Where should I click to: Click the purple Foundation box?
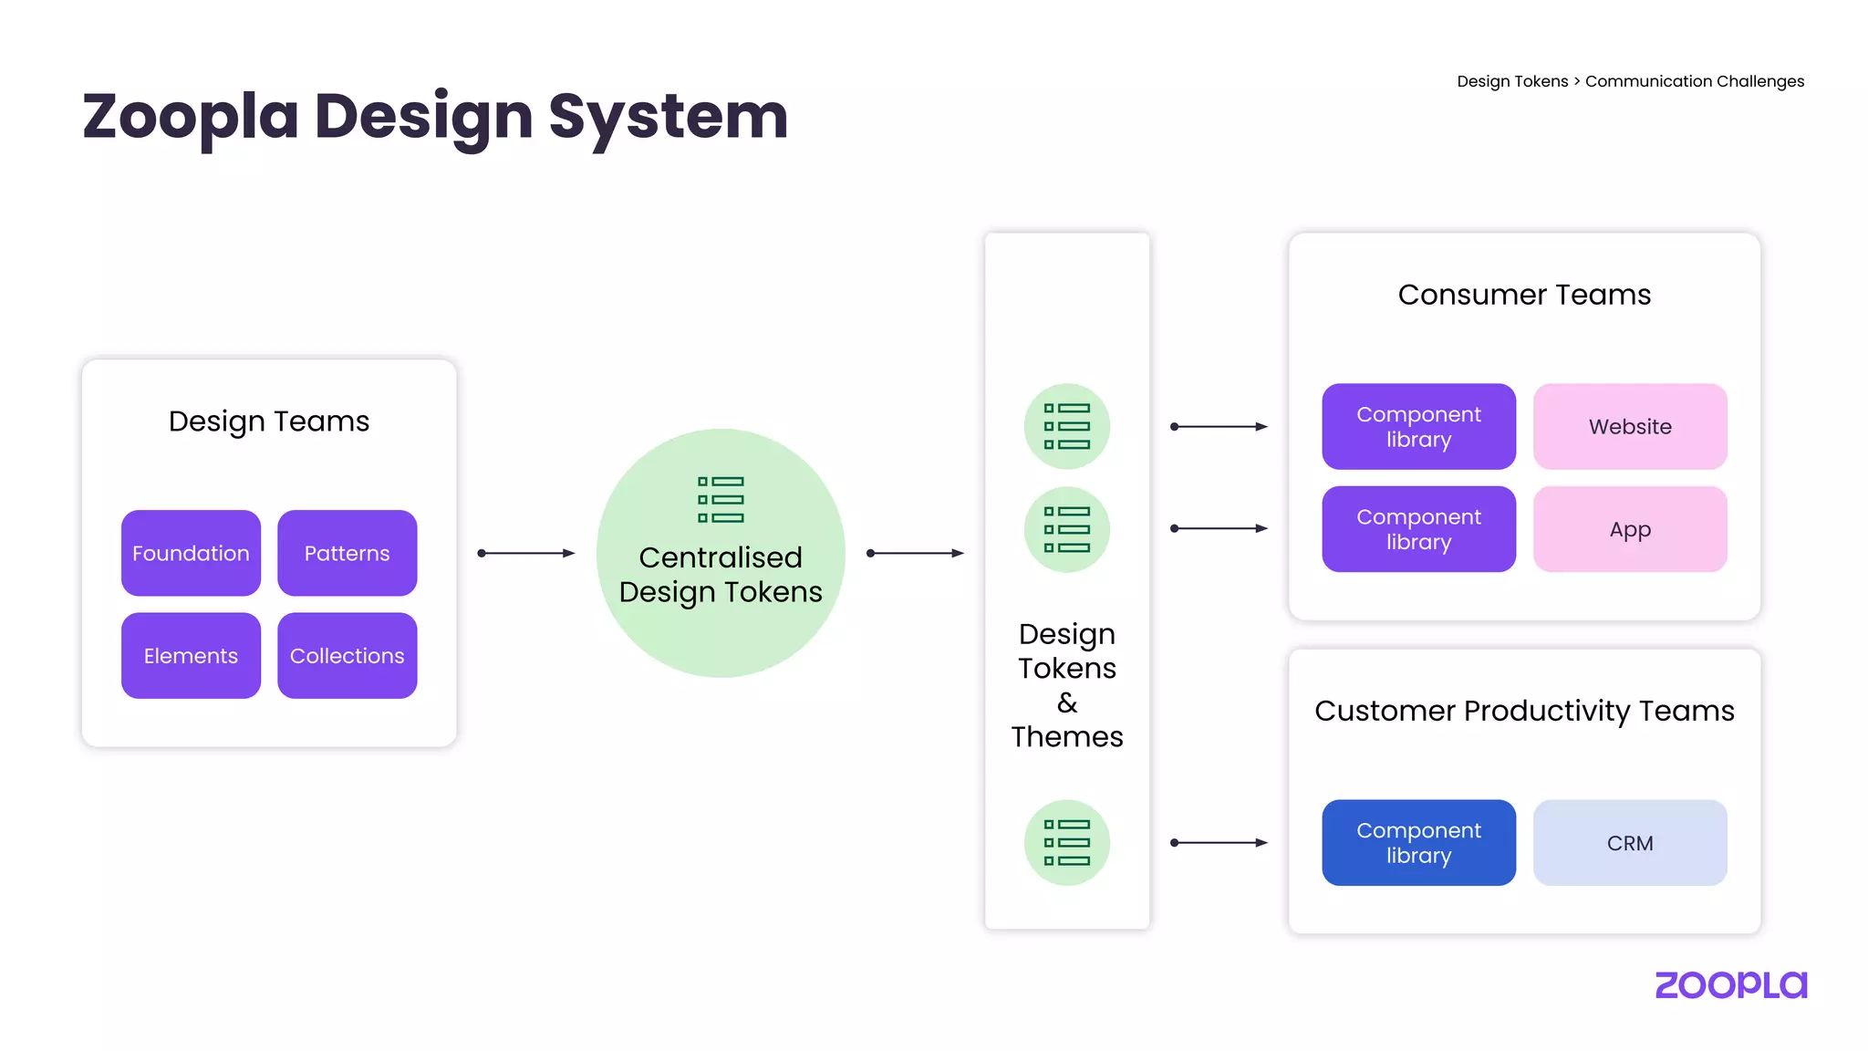pos(191,553)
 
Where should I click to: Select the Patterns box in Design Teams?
pos(347,553)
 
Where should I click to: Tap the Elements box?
pos(191,655)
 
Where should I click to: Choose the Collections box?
pos(347,655)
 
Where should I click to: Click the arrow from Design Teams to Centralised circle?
pos(526,553)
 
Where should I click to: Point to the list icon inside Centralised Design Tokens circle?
pos(721,499)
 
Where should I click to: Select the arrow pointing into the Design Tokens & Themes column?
pos(915,553)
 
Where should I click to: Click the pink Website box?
pos(1630,426)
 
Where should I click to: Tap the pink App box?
pos(1630,529)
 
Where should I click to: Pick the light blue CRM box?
pos(1630,843)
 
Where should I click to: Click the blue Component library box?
pos(1418,843)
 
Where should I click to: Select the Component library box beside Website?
pos(1418,426)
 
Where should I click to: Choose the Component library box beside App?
pos(1418,529)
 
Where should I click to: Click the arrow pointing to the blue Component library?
pos(1219,843)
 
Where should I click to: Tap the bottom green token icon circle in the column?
pos(1066,843)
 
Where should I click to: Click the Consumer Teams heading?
pos(1524,295)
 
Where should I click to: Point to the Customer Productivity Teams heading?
pos(1524,711)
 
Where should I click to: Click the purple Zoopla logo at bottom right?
pos(1730,985)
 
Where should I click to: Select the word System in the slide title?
pos(668,117)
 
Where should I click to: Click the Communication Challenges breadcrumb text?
pos(1694,81)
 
